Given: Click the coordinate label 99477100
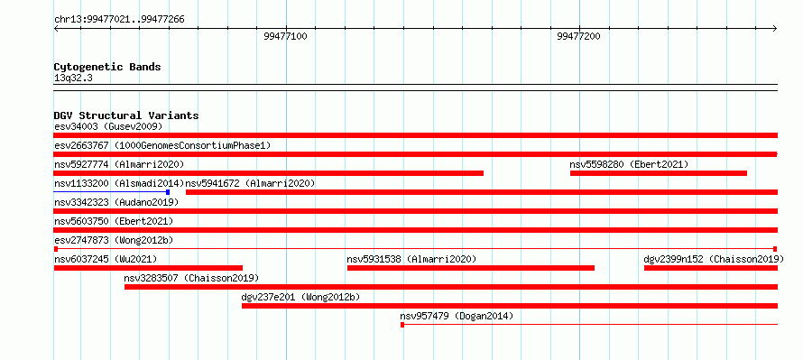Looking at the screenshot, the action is point(286,37).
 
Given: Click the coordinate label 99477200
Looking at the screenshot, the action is point(578,37).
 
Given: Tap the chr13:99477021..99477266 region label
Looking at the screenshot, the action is point(119,20).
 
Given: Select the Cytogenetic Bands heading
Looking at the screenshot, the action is point(107,67).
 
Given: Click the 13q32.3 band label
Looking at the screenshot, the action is point(73,78).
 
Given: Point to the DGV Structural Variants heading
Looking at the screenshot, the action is point(126,115).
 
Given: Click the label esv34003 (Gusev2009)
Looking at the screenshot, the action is point(108,126).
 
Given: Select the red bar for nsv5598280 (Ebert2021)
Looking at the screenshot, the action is point(659,173).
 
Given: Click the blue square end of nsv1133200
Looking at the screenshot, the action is point(168,192).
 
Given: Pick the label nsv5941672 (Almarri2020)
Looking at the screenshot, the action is point(250,183).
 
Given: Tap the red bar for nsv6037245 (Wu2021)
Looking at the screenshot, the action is point(148,268).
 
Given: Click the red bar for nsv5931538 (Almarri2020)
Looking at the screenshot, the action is point(471,268).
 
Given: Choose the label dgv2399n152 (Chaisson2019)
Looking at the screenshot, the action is point(714,259).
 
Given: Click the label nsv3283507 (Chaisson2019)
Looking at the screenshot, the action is point(191,278).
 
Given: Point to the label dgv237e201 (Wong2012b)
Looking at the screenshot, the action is point(300,297).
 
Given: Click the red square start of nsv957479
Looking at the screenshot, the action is point(402,325).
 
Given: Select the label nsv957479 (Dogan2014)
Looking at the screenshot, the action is point(457,316).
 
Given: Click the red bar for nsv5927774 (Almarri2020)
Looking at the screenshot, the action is point(268,173).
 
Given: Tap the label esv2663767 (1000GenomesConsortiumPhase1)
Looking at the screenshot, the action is point(162,145).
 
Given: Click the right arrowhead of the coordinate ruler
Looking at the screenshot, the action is point(775,28).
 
